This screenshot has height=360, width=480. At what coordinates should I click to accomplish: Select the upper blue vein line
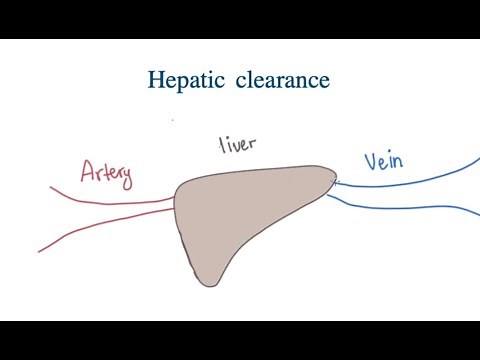coord(410,175)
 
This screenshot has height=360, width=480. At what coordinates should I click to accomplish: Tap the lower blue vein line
coord(410,206)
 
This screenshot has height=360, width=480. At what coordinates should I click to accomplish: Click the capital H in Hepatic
coord(156,79)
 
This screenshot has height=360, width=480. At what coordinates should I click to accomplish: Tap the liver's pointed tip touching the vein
coord(333,180)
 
